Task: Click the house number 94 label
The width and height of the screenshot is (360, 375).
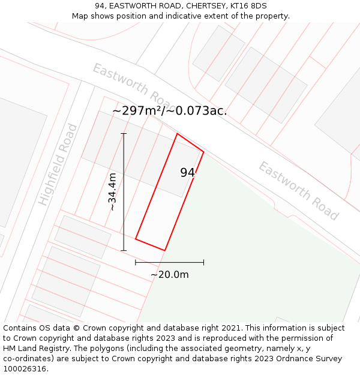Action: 187,173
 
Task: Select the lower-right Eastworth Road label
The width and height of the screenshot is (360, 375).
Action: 299,190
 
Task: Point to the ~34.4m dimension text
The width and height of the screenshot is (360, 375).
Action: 112,191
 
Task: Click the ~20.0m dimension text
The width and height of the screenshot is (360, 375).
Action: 170,275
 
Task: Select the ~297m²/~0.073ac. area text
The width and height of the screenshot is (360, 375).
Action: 169,111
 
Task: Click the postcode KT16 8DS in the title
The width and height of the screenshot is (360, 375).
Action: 247,6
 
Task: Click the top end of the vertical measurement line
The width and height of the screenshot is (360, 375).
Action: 124,133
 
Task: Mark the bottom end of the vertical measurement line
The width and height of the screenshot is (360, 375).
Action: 124,250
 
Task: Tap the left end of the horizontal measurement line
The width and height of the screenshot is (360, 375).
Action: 136,262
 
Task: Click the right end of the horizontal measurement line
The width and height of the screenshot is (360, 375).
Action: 203,262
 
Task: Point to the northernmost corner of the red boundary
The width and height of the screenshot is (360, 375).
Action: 177,134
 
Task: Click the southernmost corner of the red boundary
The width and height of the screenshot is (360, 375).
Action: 164,250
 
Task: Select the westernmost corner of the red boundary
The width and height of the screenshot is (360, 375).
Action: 136,239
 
